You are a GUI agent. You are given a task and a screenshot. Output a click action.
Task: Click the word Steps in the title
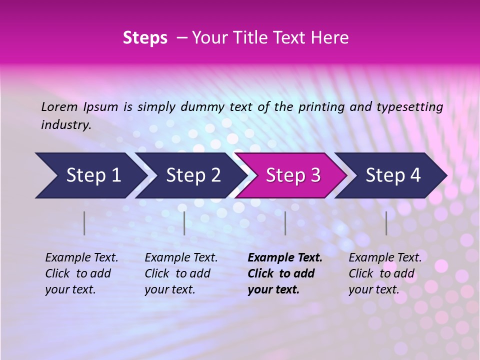click(145, 38)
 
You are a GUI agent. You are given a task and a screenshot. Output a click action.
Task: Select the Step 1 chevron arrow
click(90, 175)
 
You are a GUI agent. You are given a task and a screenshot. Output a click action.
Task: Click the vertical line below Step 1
click(84, 223)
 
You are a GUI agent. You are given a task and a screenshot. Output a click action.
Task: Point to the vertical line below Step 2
click(184, 223)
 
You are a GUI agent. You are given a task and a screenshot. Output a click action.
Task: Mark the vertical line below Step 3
click(285, 223)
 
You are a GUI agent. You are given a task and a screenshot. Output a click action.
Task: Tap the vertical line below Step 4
click(386, 223)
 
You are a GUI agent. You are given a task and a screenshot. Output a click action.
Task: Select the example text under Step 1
click(81, 273)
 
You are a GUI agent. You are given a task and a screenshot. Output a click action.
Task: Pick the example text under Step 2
click(181, 273)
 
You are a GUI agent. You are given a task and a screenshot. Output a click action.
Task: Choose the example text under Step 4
click(385, 273)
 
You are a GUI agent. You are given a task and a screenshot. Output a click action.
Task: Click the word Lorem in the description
click(59, 106)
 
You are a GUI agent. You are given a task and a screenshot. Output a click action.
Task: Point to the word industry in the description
click(66, 125)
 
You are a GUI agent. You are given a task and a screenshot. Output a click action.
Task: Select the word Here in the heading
click(330, 38)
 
